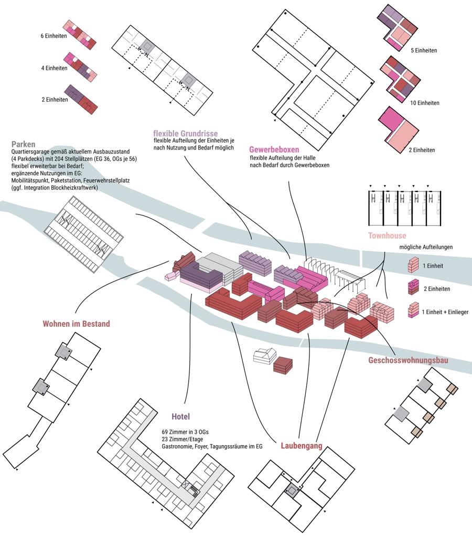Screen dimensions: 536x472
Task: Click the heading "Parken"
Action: (x=23, y=144)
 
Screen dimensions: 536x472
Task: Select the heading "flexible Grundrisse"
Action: (x=185, y=133)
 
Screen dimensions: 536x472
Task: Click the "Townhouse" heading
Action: (x=387, y=236)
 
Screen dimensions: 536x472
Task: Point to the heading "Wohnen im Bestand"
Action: (x=77, y=324)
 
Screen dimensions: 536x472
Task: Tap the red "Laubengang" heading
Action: (x=301, y=446)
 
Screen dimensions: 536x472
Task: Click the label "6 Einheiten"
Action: (x=53, y=36)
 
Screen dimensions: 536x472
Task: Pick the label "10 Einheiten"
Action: (x=425, y=103)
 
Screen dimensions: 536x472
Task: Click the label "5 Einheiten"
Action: (x=424, y=51)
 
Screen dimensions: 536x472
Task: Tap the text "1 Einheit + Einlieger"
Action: (x=445, y=312)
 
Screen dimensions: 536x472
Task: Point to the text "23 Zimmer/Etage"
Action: (x=182, y=439)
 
